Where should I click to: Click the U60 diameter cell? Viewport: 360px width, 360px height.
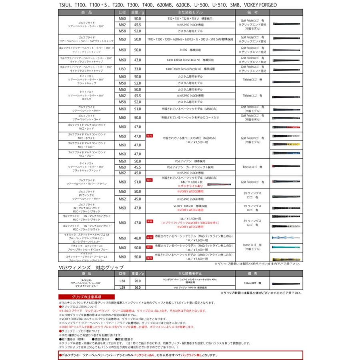click(122, 69)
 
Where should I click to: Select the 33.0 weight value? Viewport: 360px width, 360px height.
click(138, 69)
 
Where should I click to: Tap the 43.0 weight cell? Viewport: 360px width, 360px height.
click(138, 60)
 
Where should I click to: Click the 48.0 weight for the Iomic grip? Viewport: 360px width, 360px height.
click(138, 238)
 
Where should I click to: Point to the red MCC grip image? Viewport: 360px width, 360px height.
click(286, 127)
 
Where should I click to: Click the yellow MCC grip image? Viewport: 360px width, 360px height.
click(286, 144)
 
